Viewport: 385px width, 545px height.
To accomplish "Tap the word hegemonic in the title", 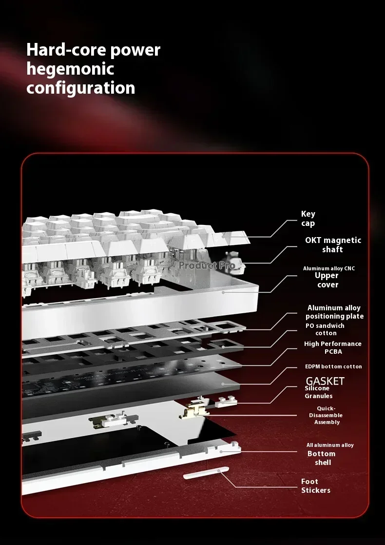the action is pos(70,69).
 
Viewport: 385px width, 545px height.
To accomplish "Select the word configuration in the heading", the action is pos(80,88).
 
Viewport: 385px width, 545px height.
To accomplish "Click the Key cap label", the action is pos(308,219).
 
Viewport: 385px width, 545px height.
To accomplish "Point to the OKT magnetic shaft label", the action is pos(333,245).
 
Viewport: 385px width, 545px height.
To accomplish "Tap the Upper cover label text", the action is pos(327,280).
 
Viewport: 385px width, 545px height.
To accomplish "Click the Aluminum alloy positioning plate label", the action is pos(334,312).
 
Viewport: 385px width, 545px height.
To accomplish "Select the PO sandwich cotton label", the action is pos(325,329).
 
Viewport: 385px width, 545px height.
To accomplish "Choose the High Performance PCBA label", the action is pos(333,347).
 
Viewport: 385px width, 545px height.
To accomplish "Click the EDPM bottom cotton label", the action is pos(333,367).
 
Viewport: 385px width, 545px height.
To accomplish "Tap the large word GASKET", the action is pos(325,381).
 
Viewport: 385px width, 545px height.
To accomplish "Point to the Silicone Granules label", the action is pos(319,392).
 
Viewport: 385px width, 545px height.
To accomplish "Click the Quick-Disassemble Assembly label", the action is pos(326,415).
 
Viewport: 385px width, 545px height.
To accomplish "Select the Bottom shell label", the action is pos(322,458).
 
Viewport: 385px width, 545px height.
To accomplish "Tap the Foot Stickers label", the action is pos(316,486).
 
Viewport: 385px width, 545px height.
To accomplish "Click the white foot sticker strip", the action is pos(206,473).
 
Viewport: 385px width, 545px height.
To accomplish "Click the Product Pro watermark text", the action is pos(207,266).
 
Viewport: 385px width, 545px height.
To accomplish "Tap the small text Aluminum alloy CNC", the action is pos(329,268).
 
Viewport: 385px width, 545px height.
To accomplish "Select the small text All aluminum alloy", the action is pos(330,445).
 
